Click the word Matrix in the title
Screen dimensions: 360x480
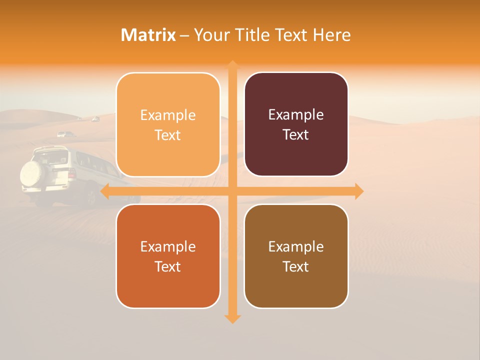[x=148, y=35]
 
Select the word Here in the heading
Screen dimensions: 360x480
[x=332, y=35]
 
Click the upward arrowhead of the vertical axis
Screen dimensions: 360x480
[x=232, y=65]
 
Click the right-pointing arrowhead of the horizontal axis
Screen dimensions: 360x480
[x=359, y=191]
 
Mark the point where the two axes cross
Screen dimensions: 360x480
[x=232, y=191]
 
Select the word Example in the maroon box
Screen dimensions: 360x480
[x=296, y=115]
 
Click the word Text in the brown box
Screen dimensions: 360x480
[x=296, y=266]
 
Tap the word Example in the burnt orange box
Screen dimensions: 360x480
[x=168, y=247]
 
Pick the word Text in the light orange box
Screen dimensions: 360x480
[x=168, y=135]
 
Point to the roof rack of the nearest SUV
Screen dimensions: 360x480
[x=50, y=149]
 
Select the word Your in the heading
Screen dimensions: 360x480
[x=210, y=35]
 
